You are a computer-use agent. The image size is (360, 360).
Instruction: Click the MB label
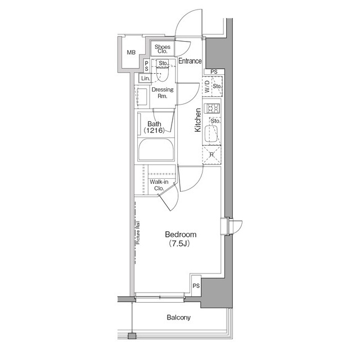(131, 52)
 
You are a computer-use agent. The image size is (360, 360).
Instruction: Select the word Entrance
(190, 61)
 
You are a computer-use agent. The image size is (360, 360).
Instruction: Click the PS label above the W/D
(214, 72)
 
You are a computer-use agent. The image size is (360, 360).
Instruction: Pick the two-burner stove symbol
(213, 108)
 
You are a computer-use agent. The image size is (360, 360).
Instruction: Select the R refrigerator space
(211, 154)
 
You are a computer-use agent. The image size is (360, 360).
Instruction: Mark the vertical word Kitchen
(198, 120)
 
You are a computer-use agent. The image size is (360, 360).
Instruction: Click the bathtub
(156, 151)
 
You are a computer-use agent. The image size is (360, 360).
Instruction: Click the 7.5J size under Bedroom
(180, 244)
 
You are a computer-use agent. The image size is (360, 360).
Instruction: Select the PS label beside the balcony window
(196, 286)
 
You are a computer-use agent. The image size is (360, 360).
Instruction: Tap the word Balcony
(178, 317)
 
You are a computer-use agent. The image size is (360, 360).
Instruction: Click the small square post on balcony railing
(132, 336)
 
